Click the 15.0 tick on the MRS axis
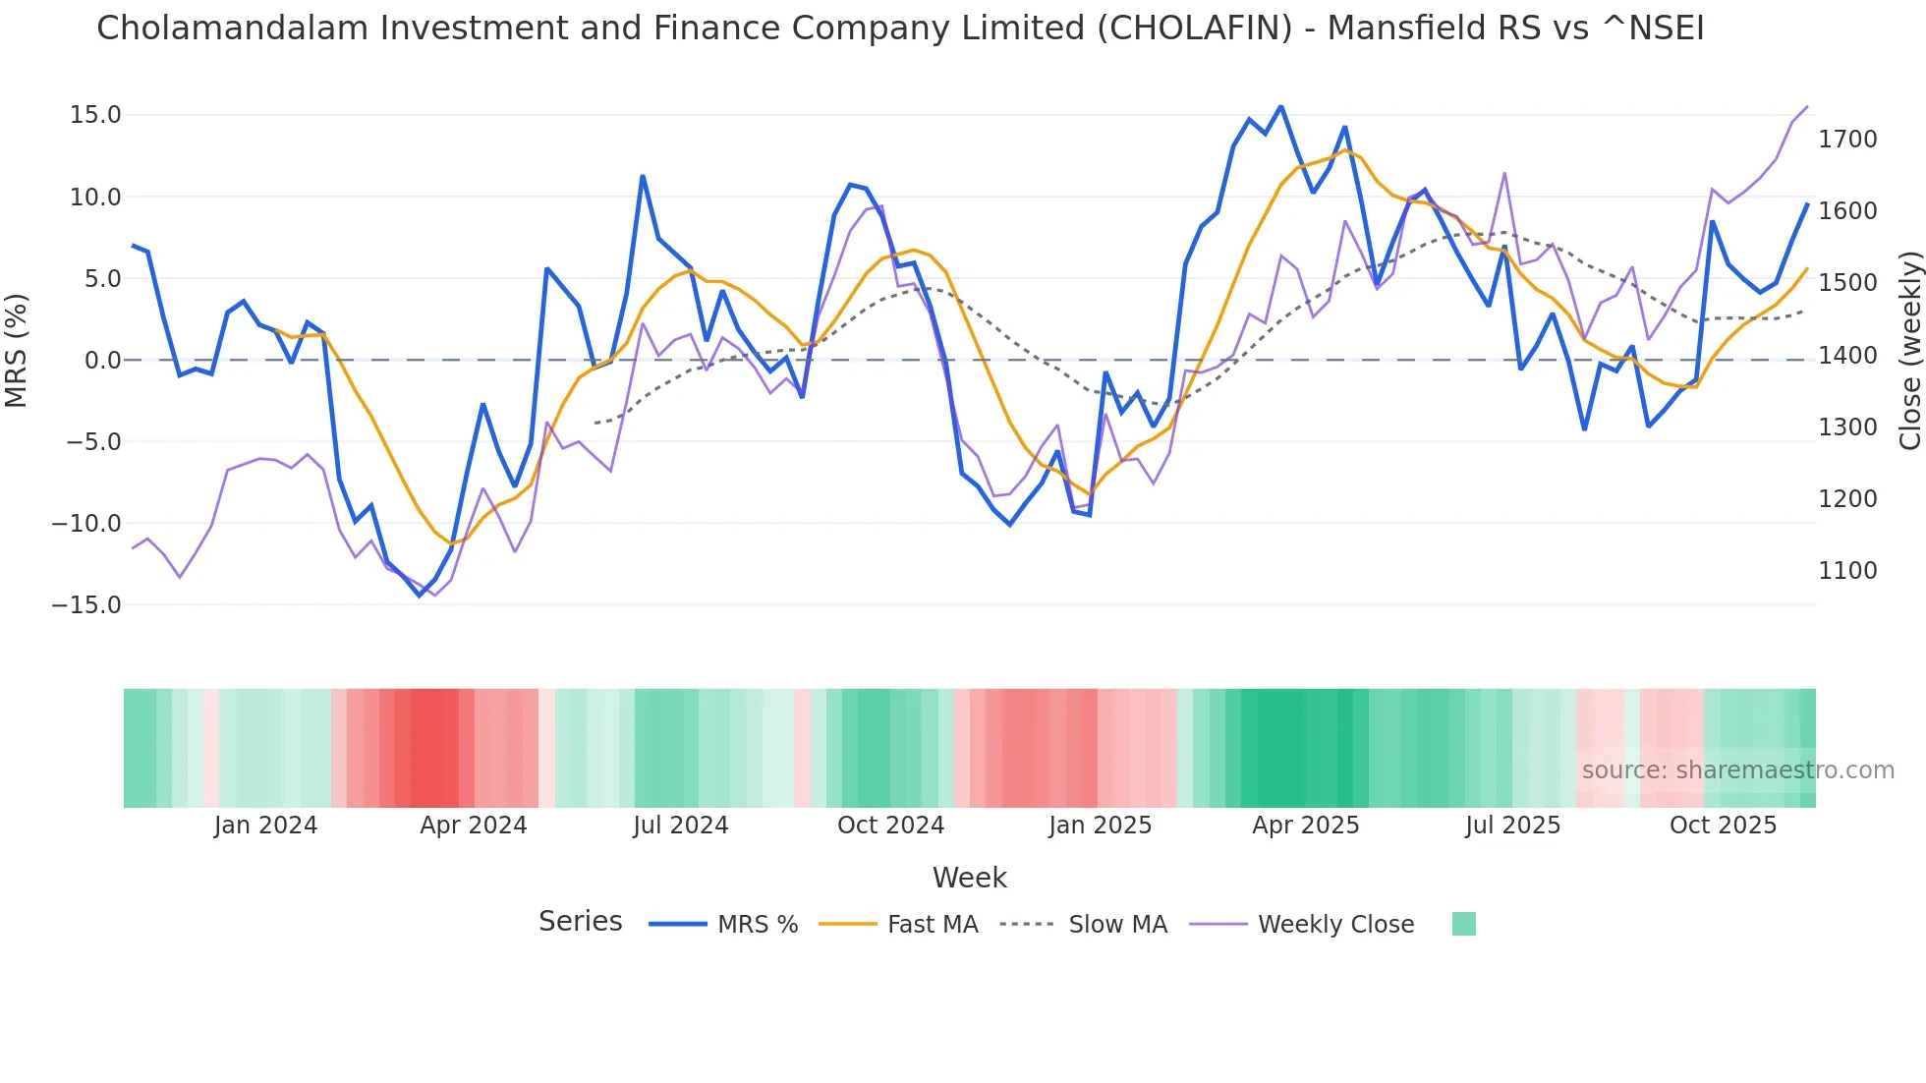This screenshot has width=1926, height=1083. pos(94,115)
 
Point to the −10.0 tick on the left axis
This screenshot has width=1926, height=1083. pos(86,524)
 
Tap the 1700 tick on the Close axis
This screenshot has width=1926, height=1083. pos(1847,140)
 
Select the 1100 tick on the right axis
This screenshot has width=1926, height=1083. pos(1847,571)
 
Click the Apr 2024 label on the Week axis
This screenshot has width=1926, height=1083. pos(473,826)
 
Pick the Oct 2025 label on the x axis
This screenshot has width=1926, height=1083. pos(1723,826)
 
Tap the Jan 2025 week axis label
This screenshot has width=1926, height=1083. pos(1100,826)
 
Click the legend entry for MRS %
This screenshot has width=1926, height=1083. pos(757,925)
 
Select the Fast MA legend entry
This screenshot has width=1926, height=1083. pos(932,925)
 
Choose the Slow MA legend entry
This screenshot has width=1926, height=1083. pos(1117,925)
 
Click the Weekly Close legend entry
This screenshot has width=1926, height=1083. pos(1335,925)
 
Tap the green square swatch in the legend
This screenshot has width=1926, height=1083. pos(1463,924)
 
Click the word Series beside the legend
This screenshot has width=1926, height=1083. pos(580,922)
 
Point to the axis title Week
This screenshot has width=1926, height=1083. pos(969,878)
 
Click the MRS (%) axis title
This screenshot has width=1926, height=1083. pos(17,350)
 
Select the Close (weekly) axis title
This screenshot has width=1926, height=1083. pos(1909,350)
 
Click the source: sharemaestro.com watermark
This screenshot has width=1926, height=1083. pos(1737,770)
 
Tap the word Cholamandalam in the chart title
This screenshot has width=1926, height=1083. pos(232,28)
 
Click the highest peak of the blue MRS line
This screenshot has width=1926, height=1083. pos(1281,106)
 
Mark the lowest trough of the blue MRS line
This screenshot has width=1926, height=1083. pos(420,596)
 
